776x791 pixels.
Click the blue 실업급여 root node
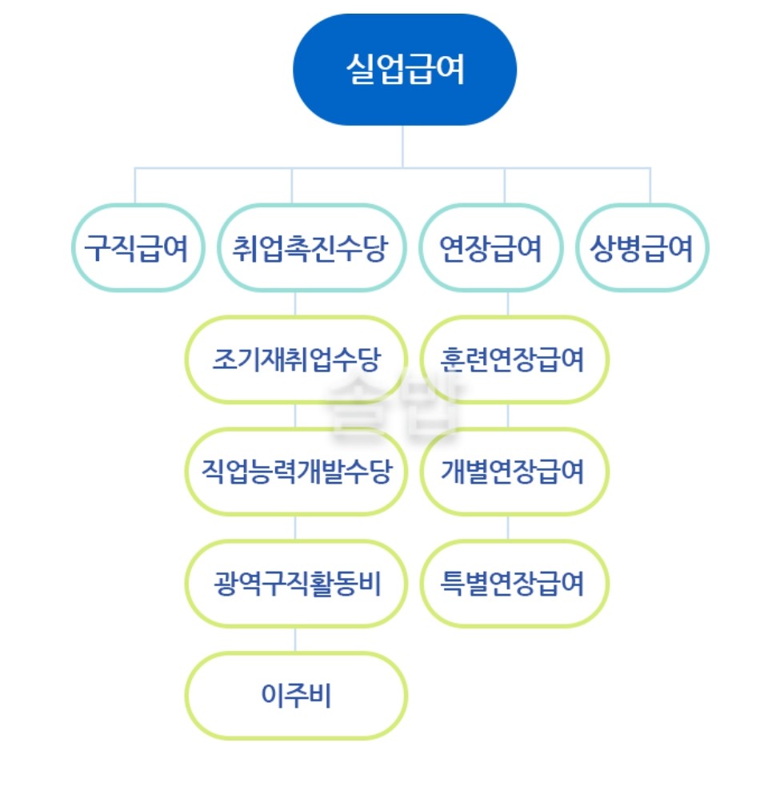tap(405, 70)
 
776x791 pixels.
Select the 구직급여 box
tap(136, 247)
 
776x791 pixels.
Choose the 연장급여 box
tap(490, 247)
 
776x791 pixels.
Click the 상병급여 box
tap(642, 247)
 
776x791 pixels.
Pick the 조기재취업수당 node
tap(295, 359)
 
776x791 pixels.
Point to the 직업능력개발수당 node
tap(295, 472)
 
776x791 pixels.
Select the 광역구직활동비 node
tap(295, 584)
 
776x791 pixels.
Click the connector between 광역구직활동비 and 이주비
tap(295, 640)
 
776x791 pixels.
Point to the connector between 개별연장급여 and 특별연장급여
tap(508, 528)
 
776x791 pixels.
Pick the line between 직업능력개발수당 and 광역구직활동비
tap(295, 528)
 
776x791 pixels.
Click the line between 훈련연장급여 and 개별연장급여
tap(508, 416)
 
